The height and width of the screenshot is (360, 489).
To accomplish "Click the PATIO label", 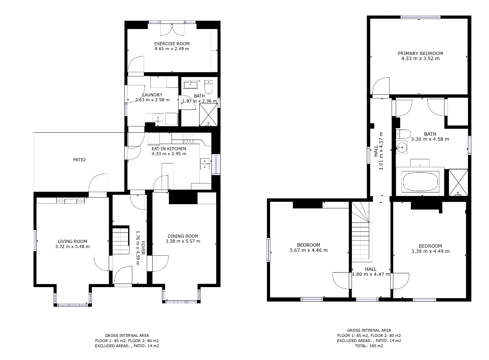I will click(79, 160).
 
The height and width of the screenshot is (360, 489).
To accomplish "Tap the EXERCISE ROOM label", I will click(172, 44).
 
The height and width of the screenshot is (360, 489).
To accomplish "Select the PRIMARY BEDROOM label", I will click(420, 53).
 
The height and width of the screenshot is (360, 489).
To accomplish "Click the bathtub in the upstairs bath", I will click(420, 182).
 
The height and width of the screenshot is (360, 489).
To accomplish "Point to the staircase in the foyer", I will click(120, 240).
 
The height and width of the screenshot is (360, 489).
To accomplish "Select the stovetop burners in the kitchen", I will click(188, 139).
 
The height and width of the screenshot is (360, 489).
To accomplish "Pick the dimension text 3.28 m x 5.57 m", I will click(183, 241).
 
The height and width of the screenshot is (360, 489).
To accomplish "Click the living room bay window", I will click(73, 305).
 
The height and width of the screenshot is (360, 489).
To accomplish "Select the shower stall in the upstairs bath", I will click(458, 182).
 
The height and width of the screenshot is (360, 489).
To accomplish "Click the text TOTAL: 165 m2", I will click(369, 346).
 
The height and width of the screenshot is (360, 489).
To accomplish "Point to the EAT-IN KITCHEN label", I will click(169, 149).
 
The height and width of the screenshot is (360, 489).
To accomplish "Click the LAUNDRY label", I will click(152, 95).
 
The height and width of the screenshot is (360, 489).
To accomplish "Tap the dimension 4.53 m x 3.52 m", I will click(420, 59).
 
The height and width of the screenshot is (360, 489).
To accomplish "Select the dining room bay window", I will click(181, 302).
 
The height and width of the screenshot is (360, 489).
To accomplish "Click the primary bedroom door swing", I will click(381, 86).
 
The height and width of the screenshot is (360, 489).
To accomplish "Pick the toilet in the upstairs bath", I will click(403, 134).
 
